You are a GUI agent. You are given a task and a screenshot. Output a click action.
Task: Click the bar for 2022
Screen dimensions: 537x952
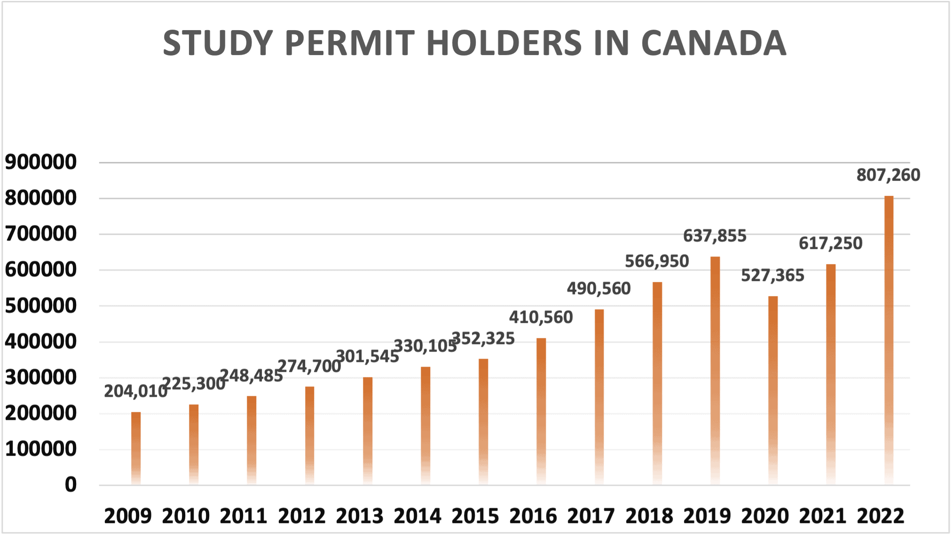coord(889,339)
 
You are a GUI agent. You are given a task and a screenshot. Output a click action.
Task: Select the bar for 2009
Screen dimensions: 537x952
coord(136,447)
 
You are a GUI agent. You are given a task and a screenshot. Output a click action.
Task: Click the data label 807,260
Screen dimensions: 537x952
coord(888,175)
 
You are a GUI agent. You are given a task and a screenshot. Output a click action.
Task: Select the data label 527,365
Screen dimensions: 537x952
coord(772,275)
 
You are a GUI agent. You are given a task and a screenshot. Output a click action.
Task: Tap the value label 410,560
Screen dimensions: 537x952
coord(541,317)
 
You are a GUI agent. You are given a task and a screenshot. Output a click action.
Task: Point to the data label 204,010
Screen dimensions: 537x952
coord(135,391)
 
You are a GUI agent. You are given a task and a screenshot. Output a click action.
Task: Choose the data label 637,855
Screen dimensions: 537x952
coord(715,236)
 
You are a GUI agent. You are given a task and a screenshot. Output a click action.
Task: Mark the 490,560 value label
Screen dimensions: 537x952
coord(598,289)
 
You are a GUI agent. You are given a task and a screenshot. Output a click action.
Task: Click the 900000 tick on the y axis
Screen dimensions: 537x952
coord(40,162)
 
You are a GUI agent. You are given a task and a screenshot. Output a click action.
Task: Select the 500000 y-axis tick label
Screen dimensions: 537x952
coord(40,306)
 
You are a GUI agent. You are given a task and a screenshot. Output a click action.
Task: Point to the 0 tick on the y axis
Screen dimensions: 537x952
coord(71,485)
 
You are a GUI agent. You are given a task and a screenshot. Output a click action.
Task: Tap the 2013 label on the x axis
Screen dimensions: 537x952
coord(360,516)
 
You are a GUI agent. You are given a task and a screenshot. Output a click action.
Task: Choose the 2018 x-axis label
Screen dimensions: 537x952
coord(649,516)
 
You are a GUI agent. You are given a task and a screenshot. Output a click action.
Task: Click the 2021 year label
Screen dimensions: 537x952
coord(823,516)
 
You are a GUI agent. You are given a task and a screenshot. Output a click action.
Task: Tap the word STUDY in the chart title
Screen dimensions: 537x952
coord(218,43)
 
